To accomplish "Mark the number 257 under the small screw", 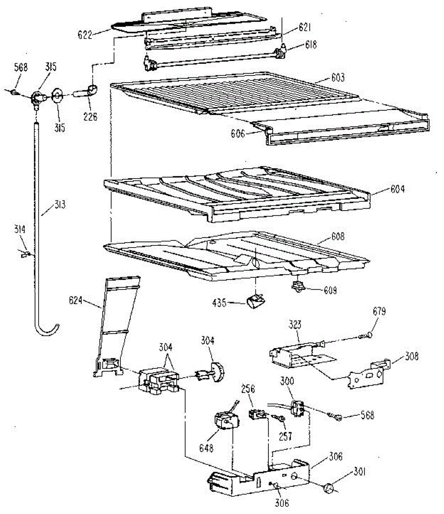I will tap(285, 436).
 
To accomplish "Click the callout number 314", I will tap(20, 230).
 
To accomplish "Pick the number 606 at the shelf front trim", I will tap(237, 134).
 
